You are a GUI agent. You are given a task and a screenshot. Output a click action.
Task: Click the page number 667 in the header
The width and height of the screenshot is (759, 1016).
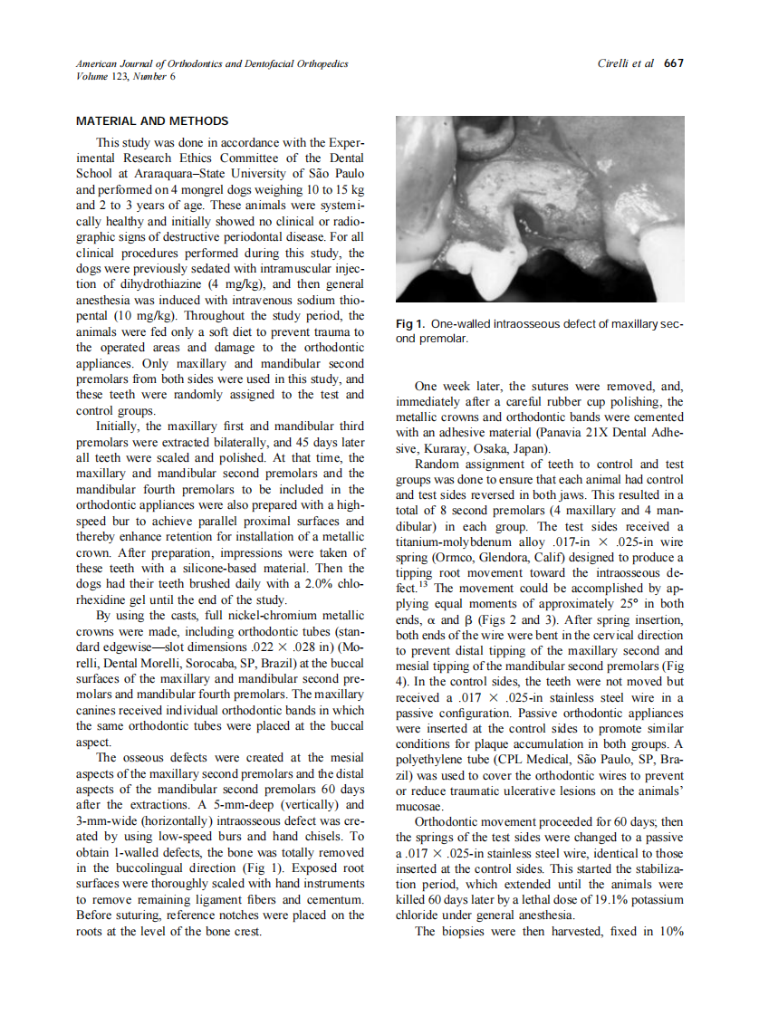pos(674,63)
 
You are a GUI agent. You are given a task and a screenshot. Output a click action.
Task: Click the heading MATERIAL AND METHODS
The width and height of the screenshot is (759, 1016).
pos(152,121)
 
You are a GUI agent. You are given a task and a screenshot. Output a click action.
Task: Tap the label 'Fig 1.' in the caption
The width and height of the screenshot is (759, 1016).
pos(412,324)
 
